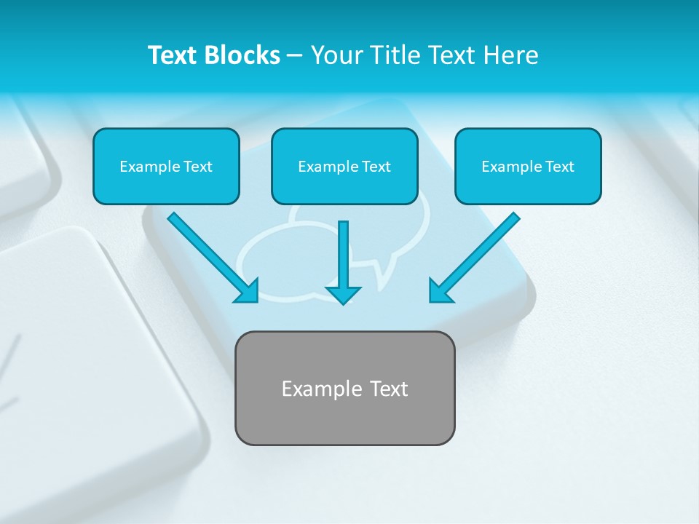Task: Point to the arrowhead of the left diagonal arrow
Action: coord(248,291)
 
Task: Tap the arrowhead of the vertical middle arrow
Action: coord(343,294)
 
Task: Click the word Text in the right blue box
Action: coord(560,167)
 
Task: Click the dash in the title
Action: coord(295,56)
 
